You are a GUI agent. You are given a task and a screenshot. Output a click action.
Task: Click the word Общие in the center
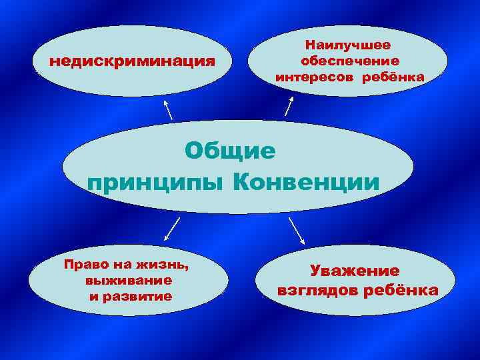(x=230, y=151)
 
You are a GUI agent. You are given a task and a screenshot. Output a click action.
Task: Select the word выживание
(x=129, y=280)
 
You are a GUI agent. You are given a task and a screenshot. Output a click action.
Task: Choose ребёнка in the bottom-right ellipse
(x=407, y=291)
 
